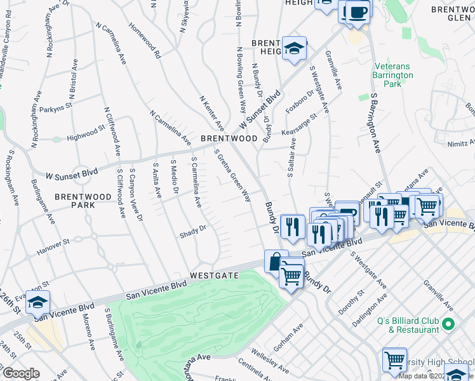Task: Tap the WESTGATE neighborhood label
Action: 214,276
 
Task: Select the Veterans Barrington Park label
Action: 392,75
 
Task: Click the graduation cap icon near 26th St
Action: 37,303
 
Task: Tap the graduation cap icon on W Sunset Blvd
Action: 294,48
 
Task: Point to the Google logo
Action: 21,373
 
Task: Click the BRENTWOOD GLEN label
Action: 452,14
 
